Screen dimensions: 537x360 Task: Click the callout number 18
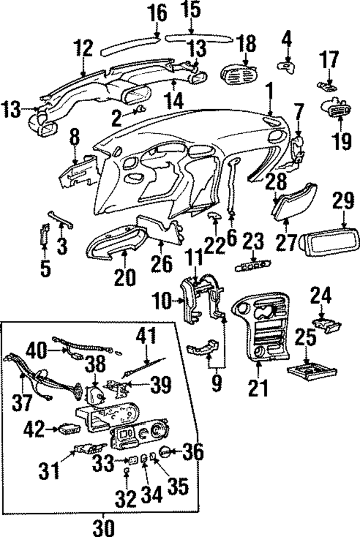pos(246,43)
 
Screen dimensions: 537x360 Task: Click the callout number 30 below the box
pos(103,527)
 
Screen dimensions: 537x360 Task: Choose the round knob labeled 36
pos(166,451)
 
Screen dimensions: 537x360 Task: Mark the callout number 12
pos(83,49)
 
